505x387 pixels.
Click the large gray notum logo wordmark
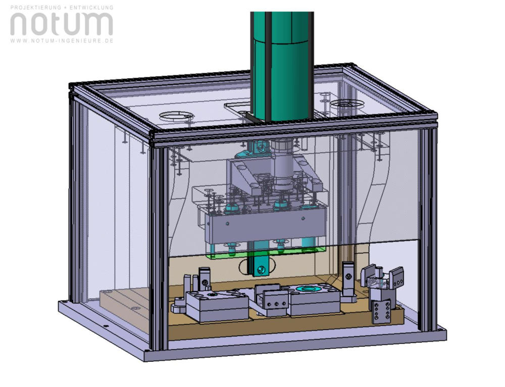click(x=62, y=24)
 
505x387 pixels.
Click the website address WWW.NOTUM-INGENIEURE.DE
click(x=62, y=40)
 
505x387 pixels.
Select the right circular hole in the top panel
click(x=347, y=103)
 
